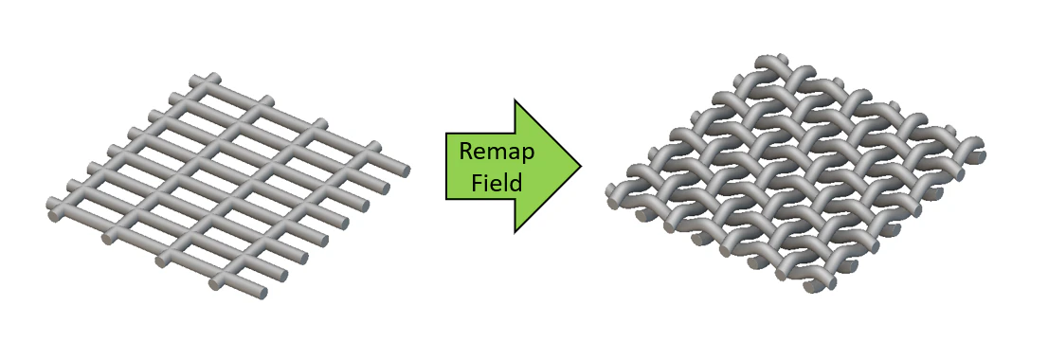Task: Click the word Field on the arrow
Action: tap(497, 182)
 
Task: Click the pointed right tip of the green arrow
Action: tap(580, 166)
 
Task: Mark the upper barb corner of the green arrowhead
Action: tap(515, 99)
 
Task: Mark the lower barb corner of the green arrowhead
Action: tap(515, 232)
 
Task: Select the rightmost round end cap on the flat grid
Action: tap(405, 171)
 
